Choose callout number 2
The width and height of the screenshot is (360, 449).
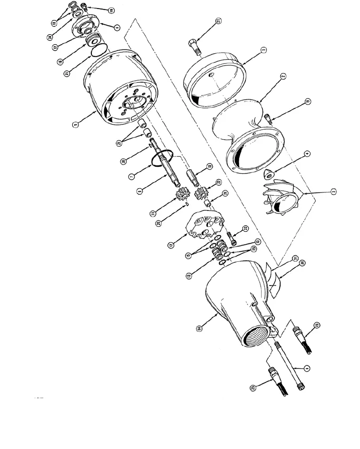(282, 76)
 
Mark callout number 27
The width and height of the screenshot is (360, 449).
(218, 182)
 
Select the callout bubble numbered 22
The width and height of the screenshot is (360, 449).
(245, 229)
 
